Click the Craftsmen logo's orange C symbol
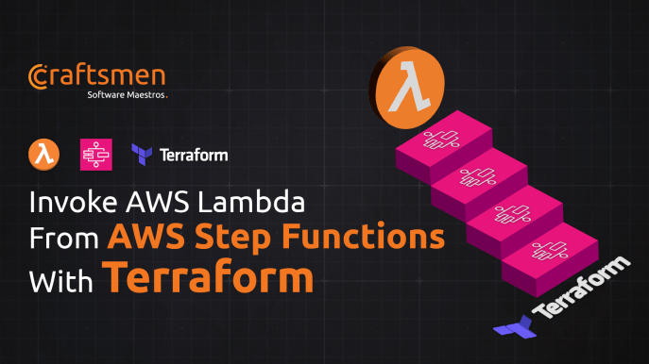tap(39, 76)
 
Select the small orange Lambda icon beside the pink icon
tap(43, 153)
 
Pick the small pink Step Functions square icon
tap(96, 153)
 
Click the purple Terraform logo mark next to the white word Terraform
tap(144, 154)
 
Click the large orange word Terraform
tap(207, 277)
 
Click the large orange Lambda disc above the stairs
tap(407, 93)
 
